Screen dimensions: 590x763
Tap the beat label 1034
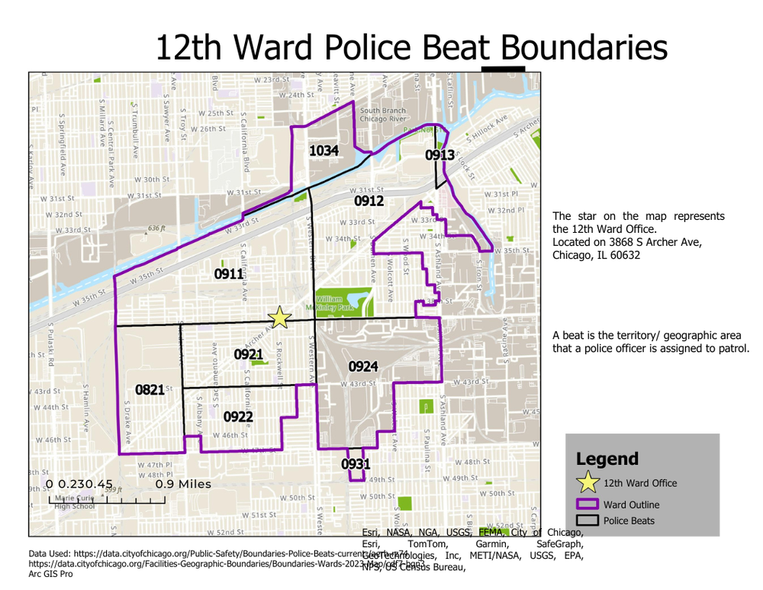[x=324, y=151]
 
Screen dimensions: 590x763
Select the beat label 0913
[x=440, y=156]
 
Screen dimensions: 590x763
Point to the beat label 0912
[x=369, y=201]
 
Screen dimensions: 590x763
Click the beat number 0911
[x=229, y=274]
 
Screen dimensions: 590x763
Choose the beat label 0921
[x=249, y=354]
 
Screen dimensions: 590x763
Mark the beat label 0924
[x=363, y=367]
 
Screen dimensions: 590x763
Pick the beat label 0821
[x=150, y=390]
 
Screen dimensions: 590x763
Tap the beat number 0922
[x=238, y=417]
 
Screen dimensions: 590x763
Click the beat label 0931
[x=356, y=464]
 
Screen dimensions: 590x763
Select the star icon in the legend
[x=587, y=482]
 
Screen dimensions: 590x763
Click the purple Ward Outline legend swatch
[x=587, y=505]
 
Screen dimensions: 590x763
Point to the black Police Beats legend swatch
[x=587, y=521]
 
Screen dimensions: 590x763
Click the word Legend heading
[x=607, y=459]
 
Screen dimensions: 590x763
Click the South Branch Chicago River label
[x=383, y=115]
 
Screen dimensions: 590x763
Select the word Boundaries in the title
[x=585, y=47]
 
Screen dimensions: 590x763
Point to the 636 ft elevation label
[x=156, y=228]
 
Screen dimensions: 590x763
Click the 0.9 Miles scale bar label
[x=183, y=484]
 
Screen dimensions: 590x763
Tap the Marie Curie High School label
[x=74, y=501]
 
